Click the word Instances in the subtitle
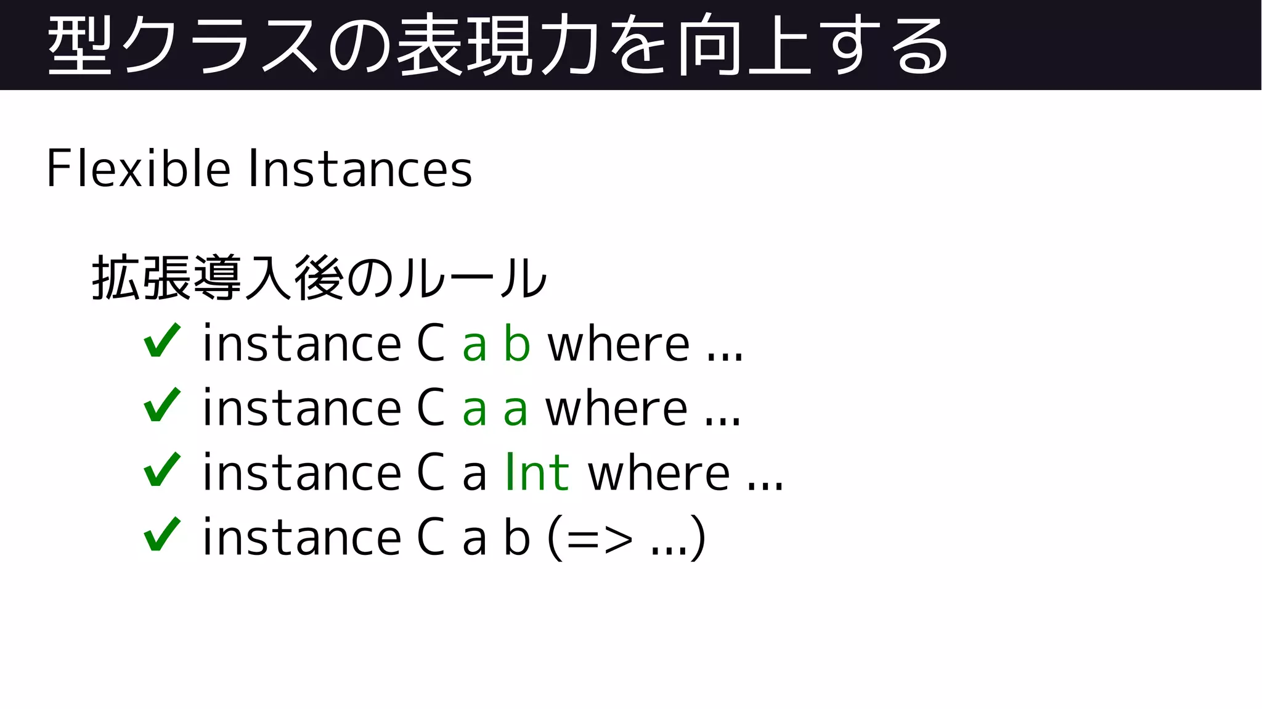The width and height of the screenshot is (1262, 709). coord(360,168)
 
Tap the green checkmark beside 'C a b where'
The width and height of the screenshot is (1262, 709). coord(162,341)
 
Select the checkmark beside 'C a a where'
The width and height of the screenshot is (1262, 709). coord(162,405)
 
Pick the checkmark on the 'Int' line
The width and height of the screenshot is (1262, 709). coord(162,470)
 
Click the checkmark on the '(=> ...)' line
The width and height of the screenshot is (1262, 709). coord(162,535)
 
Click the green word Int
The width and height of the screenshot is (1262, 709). coord(537,473)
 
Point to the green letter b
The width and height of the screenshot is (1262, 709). coord(517,343)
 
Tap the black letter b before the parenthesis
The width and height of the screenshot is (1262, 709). coord(517,537)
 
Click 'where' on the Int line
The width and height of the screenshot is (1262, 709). coord(659,473)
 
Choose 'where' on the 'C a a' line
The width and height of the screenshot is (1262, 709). coord(616,408)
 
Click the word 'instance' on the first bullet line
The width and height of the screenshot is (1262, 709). coord(302,343)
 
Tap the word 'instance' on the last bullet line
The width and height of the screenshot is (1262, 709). coord(302,537)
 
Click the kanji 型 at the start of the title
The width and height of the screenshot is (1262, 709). coord(79,46)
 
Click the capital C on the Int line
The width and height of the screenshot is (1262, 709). coord(431,473)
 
